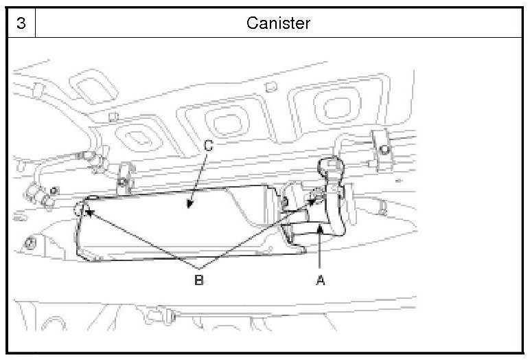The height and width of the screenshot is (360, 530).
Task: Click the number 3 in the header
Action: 21,23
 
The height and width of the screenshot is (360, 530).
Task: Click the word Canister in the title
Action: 278,23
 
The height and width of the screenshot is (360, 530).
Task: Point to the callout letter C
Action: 209,146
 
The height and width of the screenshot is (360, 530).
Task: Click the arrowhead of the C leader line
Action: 187,205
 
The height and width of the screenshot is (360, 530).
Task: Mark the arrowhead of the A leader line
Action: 320,234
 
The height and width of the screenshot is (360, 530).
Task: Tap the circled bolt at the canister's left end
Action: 83,208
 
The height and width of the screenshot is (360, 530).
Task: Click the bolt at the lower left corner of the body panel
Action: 30,243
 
